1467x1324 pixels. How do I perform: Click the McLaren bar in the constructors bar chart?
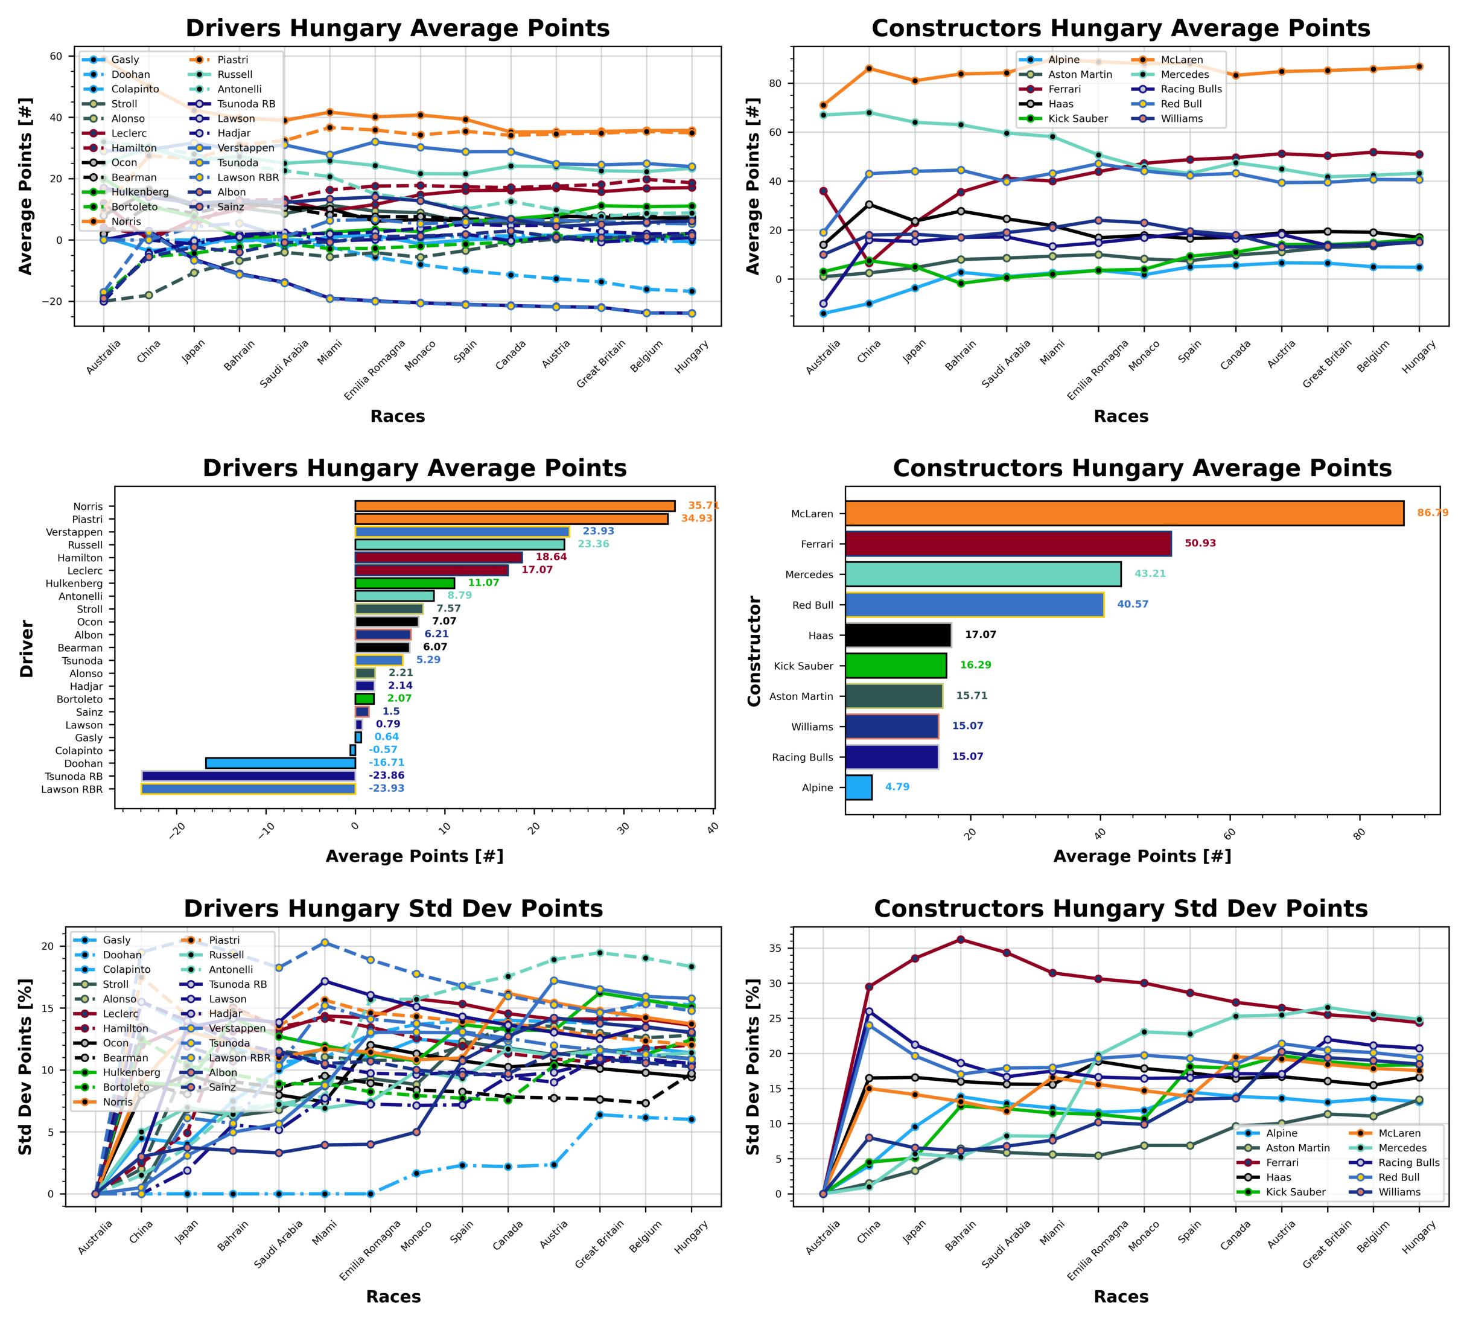(x=1124, y=513)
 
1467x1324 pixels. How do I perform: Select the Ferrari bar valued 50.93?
(x=1008, y=544)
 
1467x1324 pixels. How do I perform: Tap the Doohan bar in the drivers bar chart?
(x=280, y=763)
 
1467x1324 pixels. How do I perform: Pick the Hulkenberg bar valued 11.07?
(x=404, y=583)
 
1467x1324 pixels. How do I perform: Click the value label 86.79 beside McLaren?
(x=1432, y=513)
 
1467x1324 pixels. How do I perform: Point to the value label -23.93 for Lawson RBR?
(x=386, y=789)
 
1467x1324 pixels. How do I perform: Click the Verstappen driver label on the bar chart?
(x=74, y=532)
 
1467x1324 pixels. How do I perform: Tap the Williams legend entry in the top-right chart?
(x=1181, y=118)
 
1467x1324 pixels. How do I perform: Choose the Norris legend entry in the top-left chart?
(x=126, y=221)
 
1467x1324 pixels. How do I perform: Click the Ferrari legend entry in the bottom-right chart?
(x=1282, y=1162)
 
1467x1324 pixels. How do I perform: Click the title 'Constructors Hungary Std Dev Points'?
(x=1120, y=909)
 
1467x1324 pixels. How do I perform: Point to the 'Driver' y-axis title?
(x=27, y=648)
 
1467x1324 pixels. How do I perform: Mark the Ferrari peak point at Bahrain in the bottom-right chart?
(x=960, y=939)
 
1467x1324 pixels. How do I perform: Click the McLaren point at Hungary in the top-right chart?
(x=1419, y=67)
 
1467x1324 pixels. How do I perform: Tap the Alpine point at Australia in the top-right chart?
(x=823, y=314)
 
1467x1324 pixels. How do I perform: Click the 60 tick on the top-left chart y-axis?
(x=56, y=56)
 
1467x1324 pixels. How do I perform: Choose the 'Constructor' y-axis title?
(x=754, y=651)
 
